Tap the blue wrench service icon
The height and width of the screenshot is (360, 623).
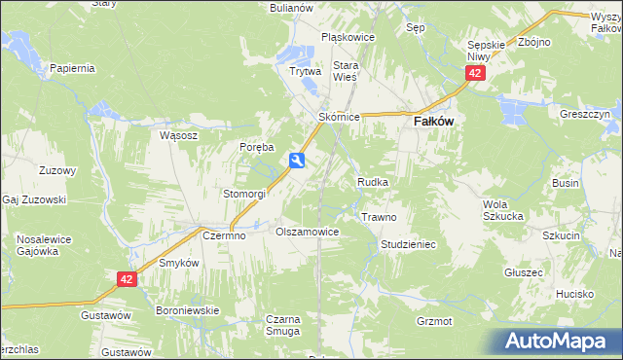[x=298, y=161]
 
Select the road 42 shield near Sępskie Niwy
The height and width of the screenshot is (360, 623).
[x=474, y=74]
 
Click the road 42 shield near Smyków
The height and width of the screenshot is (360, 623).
[x=127, y=279]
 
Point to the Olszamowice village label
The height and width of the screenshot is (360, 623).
[x=307, y=233]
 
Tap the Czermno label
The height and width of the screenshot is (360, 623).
[x=223, y=235]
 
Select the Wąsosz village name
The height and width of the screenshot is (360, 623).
[x=178, y=136]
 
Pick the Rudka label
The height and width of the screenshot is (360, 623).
[x=374, y=182]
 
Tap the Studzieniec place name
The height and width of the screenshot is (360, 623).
[x=408, y=244]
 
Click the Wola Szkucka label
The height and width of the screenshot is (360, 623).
[x=504, y=209]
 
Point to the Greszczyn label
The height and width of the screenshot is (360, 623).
[x=584, y=114]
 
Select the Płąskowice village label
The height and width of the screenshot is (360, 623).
[x=348, y=37]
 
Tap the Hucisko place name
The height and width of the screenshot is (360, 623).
[x=575, y=294]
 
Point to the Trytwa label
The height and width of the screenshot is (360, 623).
[x=305, y=71]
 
